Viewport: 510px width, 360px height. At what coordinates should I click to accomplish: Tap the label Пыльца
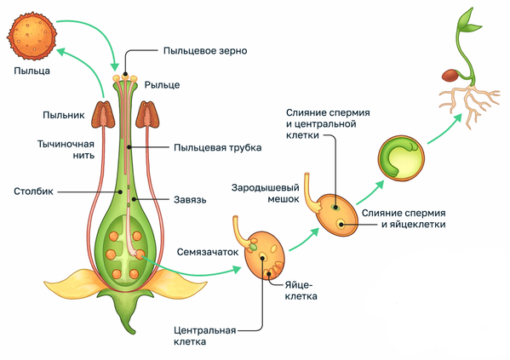[x=32, y=71]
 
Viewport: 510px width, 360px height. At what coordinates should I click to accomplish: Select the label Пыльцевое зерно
[x=205, y=51]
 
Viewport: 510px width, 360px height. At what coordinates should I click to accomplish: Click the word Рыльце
[x=162, y=85]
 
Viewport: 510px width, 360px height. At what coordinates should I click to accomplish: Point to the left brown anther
[x=103, y=114]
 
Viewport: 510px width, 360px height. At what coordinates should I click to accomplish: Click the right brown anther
[x=147, y=114]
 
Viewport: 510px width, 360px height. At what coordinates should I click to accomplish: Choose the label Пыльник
[x=63, y=115]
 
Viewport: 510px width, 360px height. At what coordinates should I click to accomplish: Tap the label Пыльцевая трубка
[x=218, y=147]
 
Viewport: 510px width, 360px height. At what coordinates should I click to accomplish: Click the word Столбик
[x=33, y=191]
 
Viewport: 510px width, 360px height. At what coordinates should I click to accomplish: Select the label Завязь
[x=190, y=199]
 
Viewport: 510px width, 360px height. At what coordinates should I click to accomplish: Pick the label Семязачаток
[x=208, y=252]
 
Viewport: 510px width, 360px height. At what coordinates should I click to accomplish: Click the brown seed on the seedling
[x=450, y=76]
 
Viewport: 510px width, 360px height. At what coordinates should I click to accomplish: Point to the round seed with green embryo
[x=401, y=158]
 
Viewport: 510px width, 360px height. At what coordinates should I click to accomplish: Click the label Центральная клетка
[x=204, y=336]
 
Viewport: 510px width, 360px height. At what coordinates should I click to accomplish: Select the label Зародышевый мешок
[x=265, y=193]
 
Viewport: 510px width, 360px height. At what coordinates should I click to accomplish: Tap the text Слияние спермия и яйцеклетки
[x=404, y=219]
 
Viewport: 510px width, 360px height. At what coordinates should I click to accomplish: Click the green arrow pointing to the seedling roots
[x=444, y=129]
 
